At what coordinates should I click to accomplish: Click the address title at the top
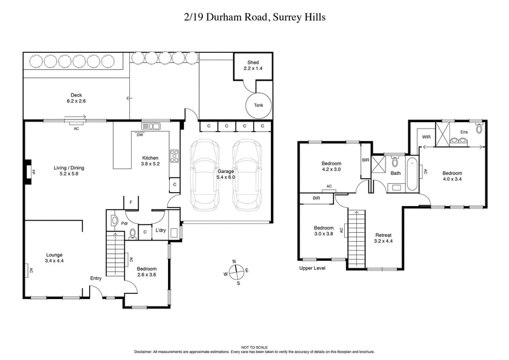coord(254,18)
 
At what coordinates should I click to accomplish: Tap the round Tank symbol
coord(258,105)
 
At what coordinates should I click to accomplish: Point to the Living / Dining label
coord(71,171)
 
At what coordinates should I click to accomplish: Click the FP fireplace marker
coord(28,171)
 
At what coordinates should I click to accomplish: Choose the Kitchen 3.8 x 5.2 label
coord(151,161)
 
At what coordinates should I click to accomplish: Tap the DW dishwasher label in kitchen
coord(139,134)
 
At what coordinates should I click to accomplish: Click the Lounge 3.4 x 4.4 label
coord(54,257)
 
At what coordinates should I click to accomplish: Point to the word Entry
coord(96,278)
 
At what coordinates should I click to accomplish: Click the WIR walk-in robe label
coord(426,135)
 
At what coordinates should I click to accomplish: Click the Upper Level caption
coord(314,268)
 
